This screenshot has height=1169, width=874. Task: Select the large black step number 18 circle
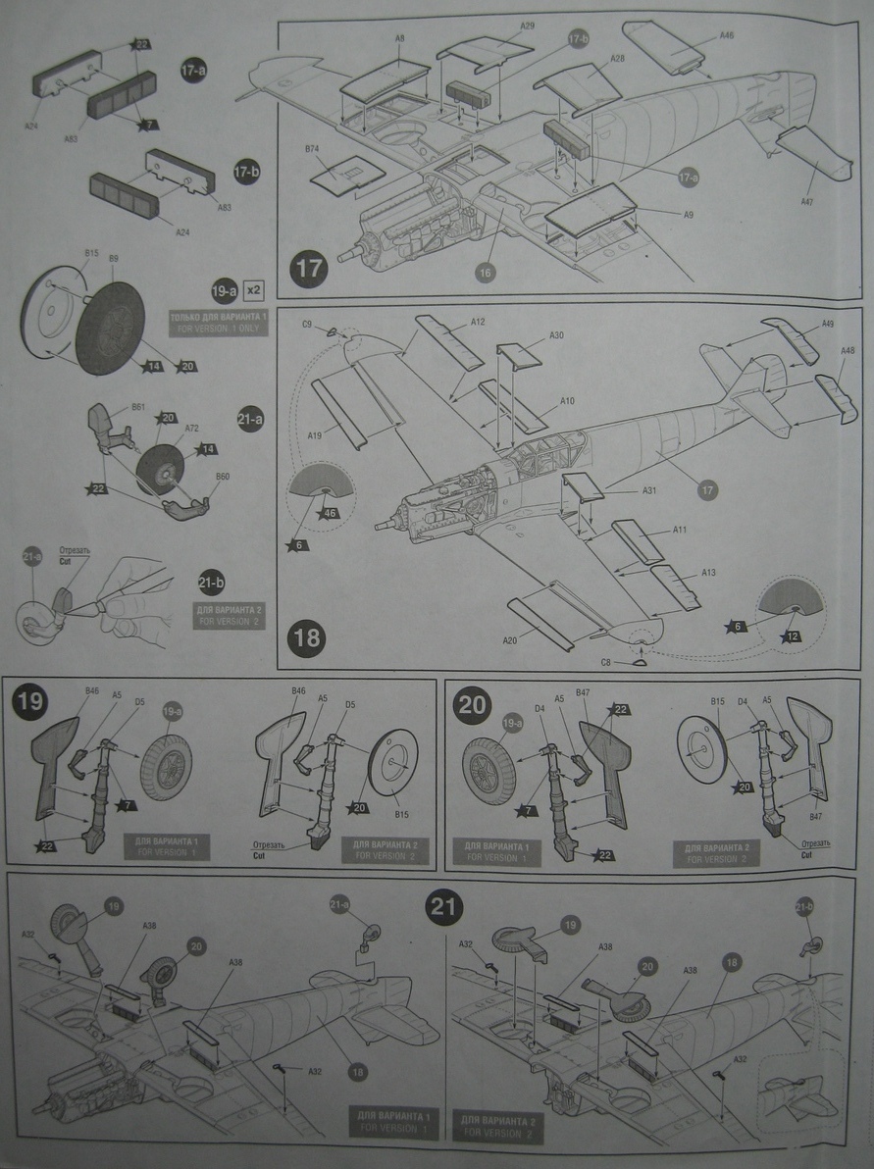[x=306, y=638]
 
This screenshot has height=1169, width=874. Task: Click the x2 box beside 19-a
[x=254, y=290]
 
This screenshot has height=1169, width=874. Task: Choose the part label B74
[x=313, y=149]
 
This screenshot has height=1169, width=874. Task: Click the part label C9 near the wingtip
[x=307, y=325]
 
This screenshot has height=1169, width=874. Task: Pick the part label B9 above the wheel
[x=114, y=258]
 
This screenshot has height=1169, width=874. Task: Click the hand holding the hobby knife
[x=131, y=594]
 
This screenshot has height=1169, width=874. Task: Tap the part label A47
[x=806, y=202]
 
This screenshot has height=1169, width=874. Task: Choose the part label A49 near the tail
[x=800, y=325]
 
